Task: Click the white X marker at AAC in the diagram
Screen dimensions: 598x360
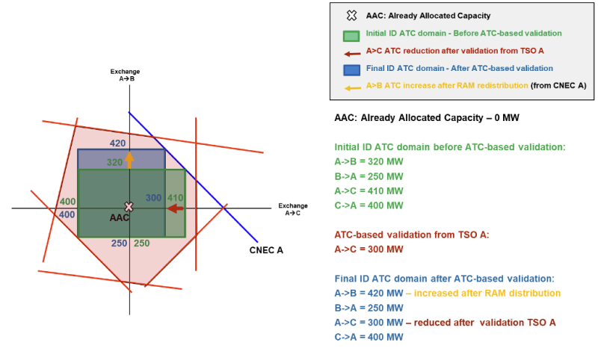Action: pyautogui.click(x=129, y=207)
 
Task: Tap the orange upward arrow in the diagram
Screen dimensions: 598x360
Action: pyautogui.click(x=129, y=160)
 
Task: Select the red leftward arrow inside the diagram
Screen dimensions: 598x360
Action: pyautogui.click(x=176, y=208)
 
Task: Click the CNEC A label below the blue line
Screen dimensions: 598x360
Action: pyautogui.click(x=266, y=250)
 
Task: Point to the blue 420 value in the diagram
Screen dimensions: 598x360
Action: pyautogui.click(x=117, y=143)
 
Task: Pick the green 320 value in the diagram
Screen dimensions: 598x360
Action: pyautogui.click(x=114, y=163)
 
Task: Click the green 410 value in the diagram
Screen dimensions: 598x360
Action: pyautogui.click(x=176, y=198)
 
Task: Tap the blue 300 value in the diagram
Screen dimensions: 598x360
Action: pyautogui.click(x=154, y=198)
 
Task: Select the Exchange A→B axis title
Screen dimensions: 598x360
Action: pyautogui.click(x=125, y=75)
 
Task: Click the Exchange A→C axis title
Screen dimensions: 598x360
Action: pyautogui.click(x=293, y=209)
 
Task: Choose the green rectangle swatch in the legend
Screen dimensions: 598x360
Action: pyautogui.click(x=351, y=36)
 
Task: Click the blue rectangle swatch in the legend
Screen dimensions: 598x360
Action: pyautogui.click(x=351, y=70)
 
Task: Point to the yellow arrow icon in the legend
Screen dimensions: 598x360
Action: pyautogui.click(x=353, y=88)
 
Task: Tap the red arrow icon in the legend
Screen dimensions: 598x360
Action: pyautogui.click(x=352, y=54)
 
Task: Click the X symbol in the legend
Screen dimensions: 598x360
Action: pyautogui.click(x=351, y=16)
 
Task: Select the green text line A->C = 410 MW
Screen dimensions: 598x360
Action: pyautogui.click(x=369, y=191)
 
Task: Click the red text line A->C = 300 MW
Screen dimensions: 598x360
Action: pyautogui.click(x=369, y=249)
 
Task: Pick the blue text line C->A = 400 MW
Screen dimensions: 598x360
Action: pyautogui.click(x=369, y=337)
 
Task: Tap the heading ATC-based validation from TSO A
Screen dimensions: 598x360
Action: pyautogui.click(x=412, y=235)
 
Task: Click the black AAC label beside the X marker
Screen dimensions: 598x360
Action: pyautogui.click(x=120, y=217)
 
